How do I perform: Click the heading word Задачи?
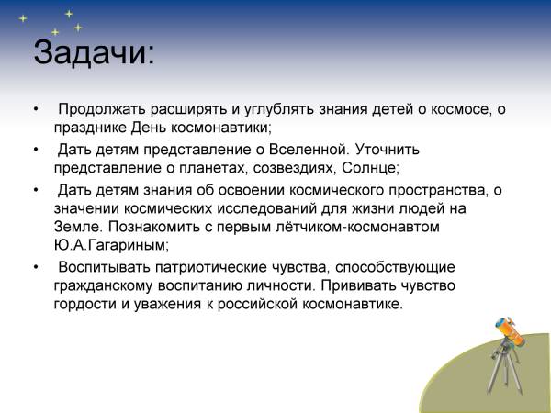point(94,53)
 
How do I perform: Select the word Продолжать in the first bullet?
point(102,109)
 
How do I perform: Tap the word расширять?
point(188,109)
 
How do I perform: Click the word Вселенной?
point(309,150)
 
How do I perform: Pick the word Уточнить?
point(388,150)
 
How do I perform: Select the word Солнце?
point(371,168)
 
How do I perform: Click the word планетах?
point(213,168)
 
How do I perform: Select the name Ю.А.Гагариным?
point(111,245)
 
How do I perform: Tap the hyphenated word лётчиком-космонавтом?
point(328,227)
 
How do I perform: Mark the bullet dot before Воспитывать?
point(36,267)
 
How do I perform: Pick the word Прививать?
point(358,285)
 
